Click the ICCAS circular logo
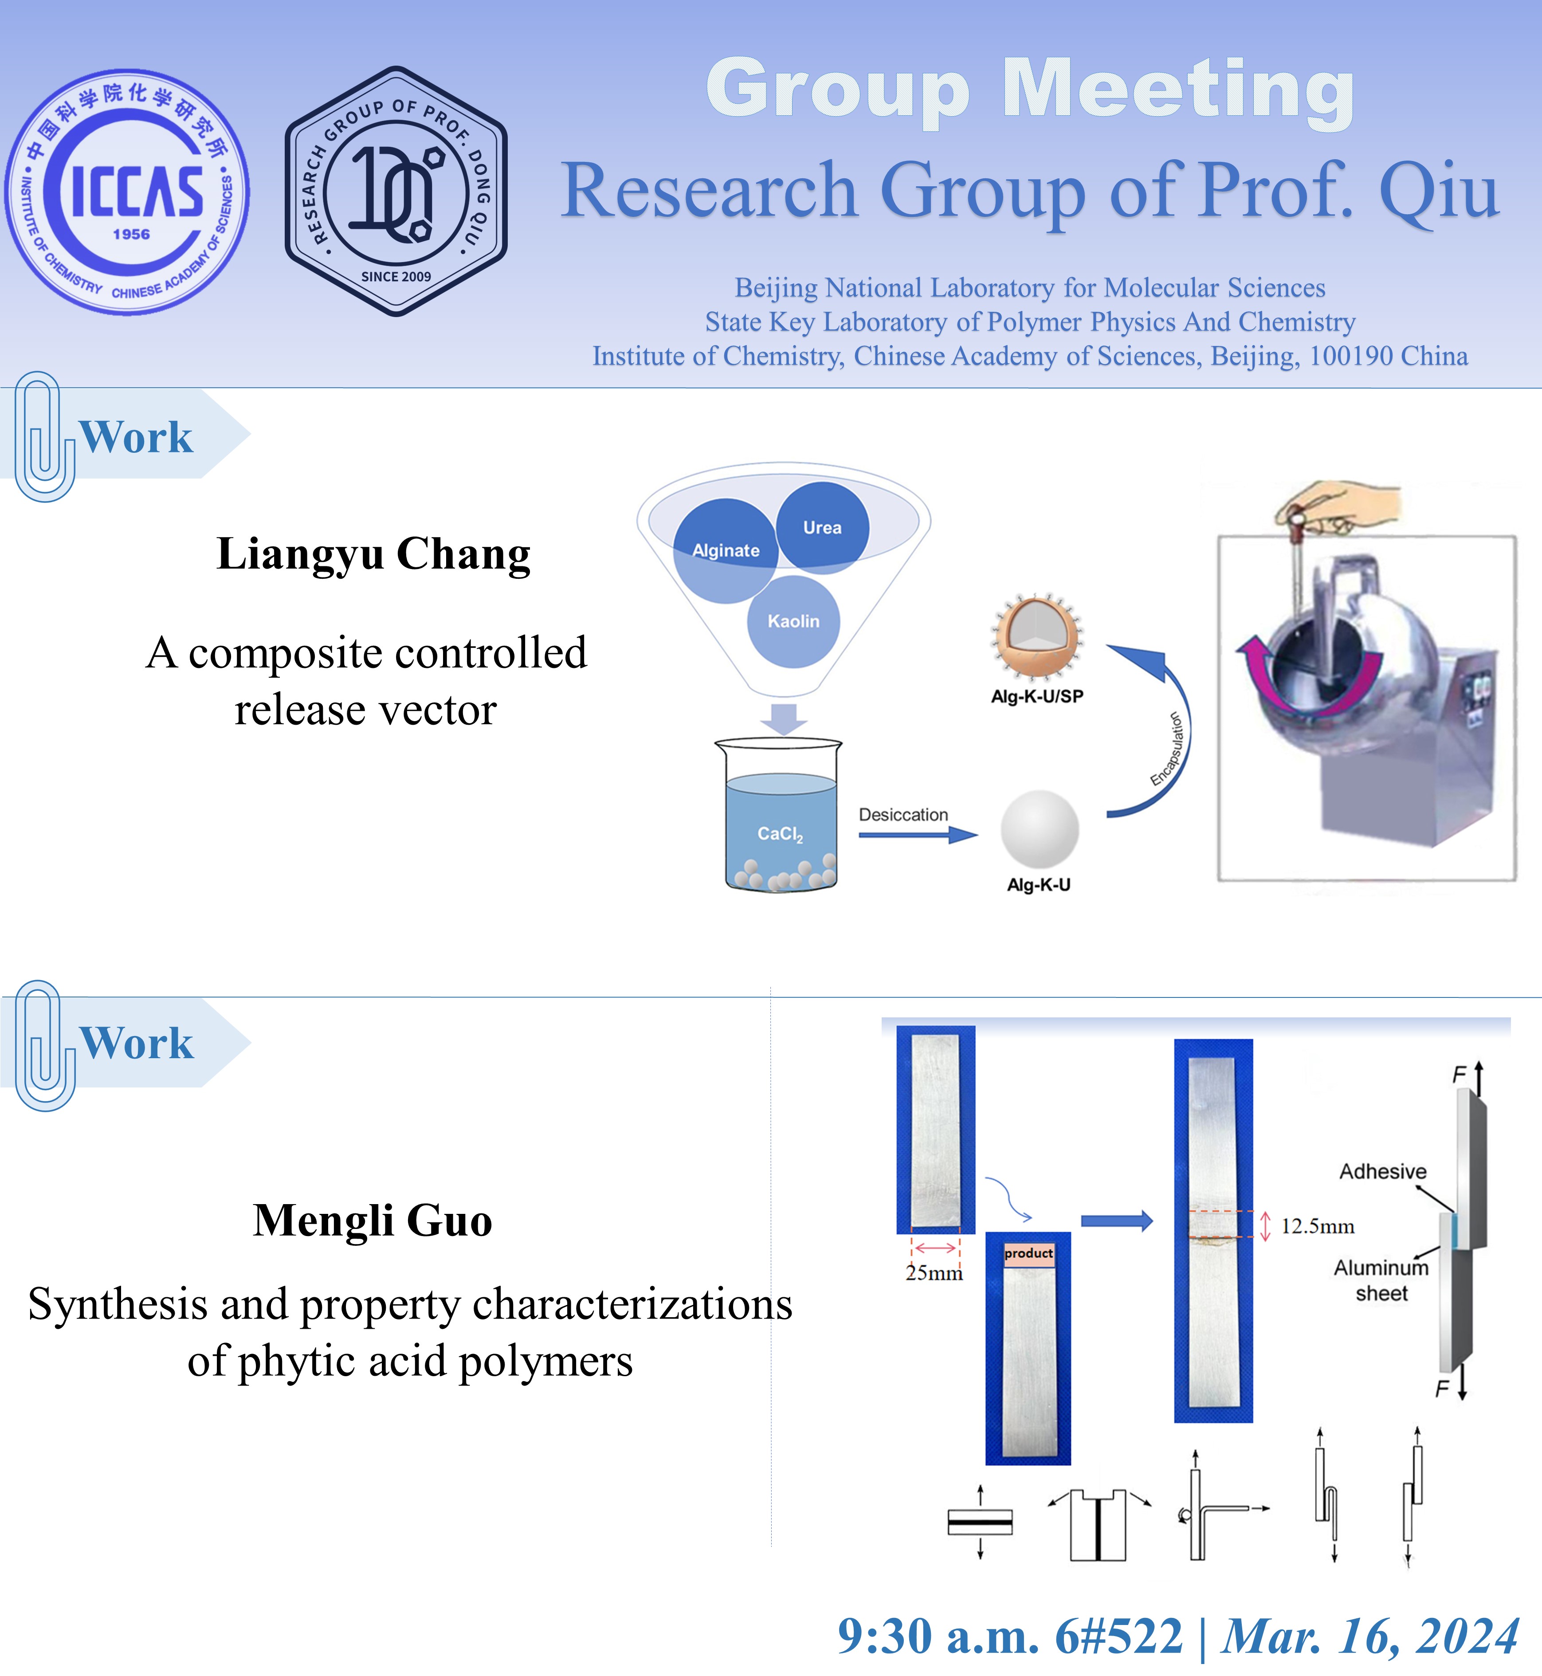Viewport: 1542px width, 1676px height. pyautogui.click(x=127, y=192)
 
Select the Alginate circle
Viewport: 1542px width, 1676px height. pyautogui.click(x=726, y=550)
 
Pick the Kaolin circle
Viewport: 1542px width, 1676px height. pyautogui.click(x=793, y=621)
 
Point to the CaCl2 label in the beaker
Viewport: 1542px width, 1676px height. pyautogui.click(x=780, y=834)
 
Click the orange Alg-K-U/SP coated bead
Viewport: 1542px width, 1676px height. pyautogui.click(x=1037, y=636)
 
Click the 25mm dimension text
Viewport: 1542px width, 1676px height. pyautogui.click(x=934, y=1272)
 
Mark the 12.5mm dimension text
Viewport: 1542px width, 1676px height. pyautogui.click(x=1318, y=1226)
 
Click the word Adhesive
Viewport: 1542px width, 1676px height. pyautogui.click(x=1383, y=1171)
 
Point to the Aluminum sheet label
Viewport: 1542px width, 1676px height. pyautogui.click(x=1381, y=1280)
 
